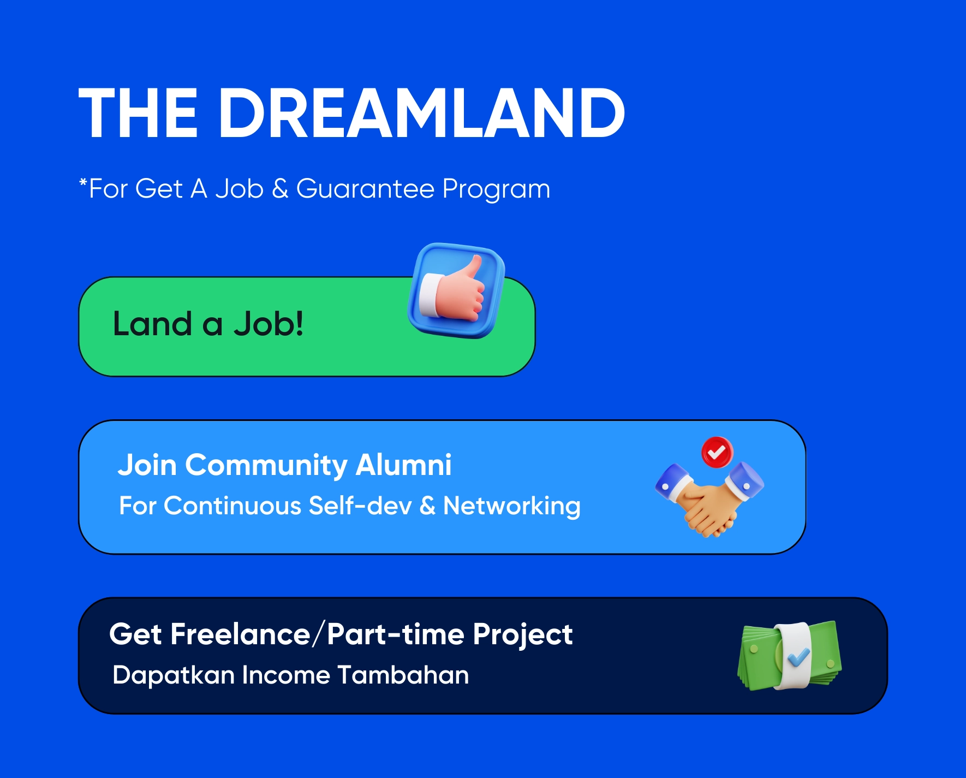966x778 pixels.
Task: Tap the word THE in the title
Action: [x=138, y=113]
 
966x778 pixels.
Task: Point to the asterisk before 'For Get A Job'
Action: [x=84, y=182]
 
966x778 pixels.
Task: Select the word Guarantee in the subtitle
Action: [x=365, y=189]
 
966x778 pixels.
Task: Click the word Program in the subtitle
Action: [x=496, y=190]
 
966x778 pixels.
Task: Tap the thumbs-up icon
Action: [x=456, y=290]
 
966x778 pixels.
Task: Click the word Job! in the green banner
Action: [x=269, y=324]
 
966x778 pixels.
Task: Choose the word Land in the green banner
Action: [x=152, y=323]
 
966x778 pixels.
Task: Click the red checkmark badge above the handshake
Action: [x=717, y=452]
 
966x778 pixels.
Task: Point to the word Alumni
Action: [x=403, y=465]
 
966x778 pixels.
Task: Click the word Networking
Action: [x=512, y=506]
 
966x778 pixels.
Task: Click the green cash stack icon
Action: [x=789, y=656]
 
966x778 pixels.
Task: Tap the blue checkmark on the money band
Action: [x=799, y=657]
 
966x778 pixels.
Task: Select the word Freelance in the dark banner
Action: [x=241, y=634]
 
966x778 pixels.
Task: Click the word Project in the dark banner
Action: [x=523, y=635]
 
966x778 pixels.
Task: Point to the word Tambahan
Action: [x=403, y=675]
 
